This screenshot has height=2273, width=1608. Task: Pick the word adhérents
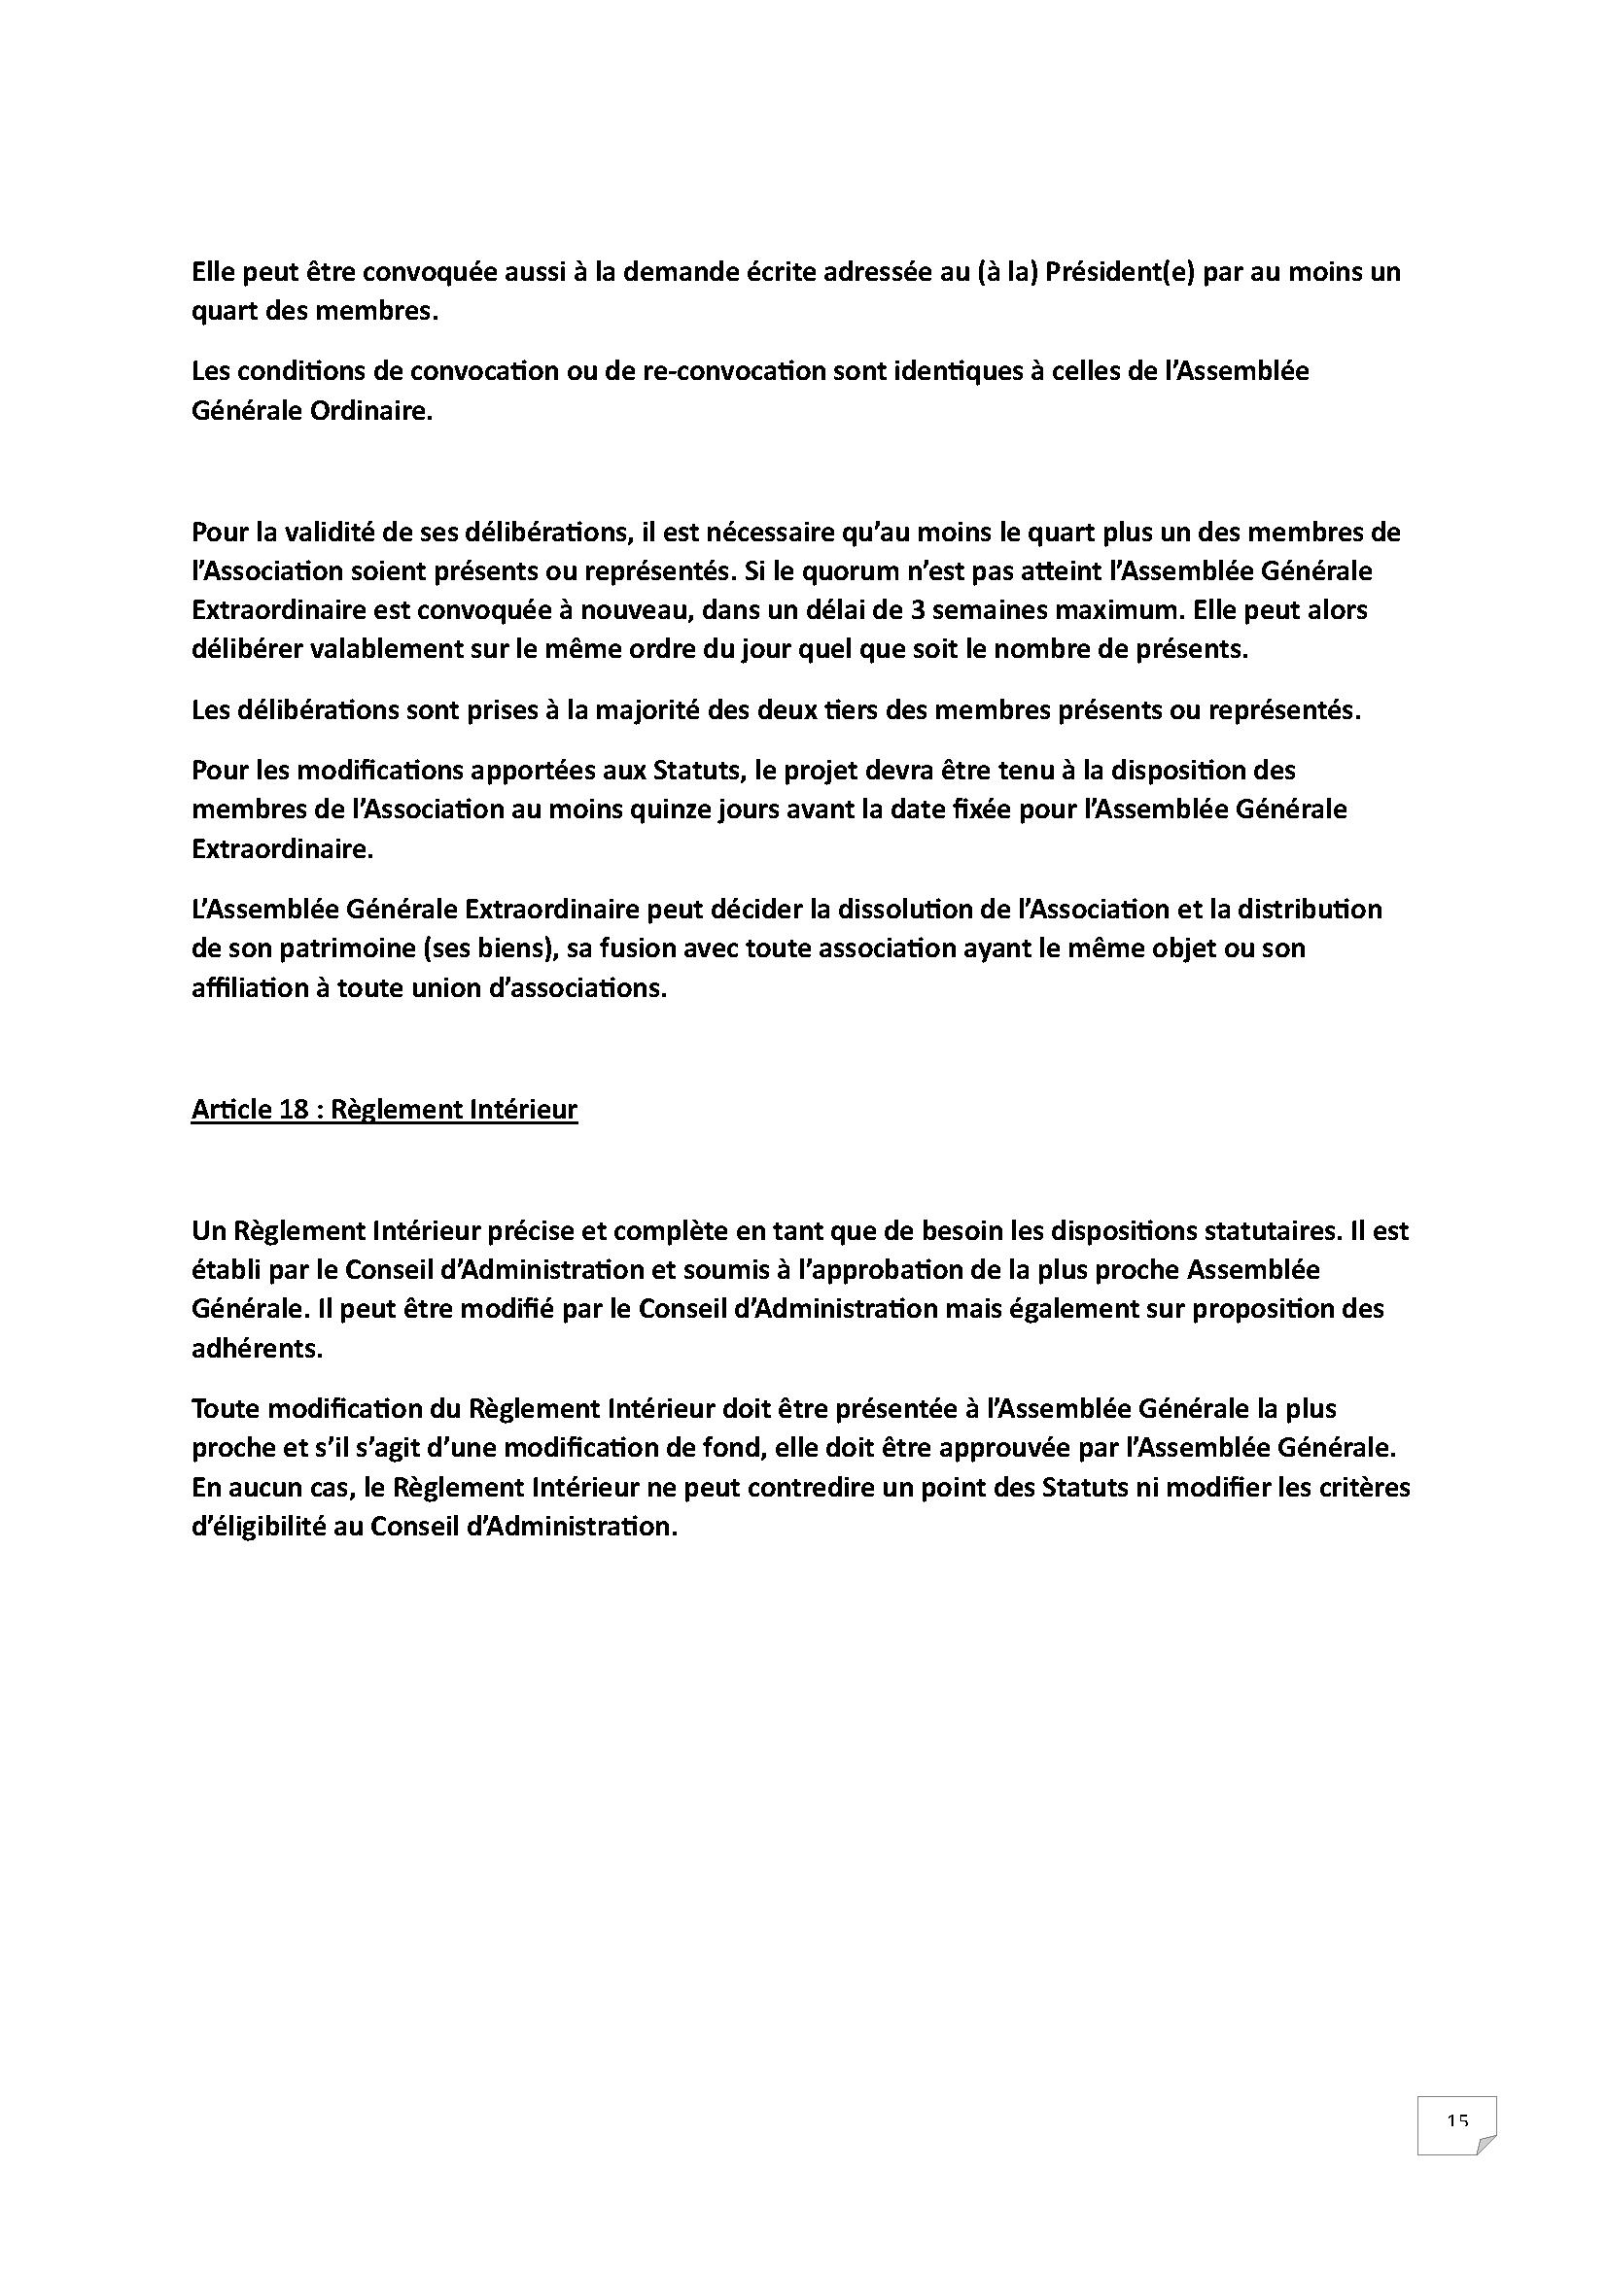click(x=258, y=1350)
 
